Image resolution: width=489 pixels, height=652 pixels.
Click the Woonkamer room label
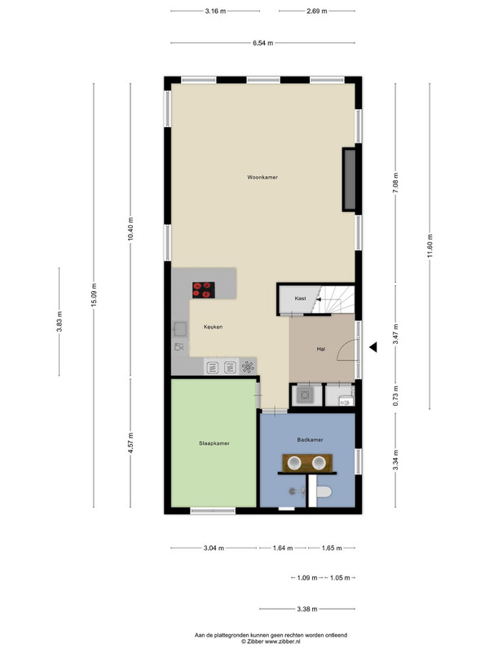(262, 177)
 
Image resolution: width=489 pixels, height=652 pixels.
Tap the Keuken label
(213, 327)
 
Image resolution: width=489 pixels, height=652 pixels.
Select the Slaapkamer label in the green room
(214, 443)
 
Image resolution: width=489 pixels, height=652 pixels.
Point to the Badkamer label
(311, 439)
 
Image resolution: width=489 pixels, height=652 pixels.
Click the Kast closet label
(300, 298)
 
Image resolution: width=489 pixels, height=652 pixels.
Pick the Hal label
(321, 350)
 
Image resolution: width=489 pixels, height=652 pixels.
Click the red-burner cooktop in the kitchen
(204, 290)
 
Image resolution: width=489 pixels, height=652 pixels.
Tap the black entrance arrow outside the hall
(373, 347)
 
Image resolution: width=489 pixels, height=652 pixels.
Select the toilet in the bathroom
(324, 492)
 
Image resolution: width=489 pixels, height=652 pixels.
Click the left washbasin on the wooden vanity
(294, 462)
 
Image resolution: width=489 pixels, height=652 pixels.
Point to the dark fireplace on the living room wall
(350, 179)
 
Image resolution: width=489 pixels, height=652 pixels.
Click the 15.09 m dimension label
(94, 295)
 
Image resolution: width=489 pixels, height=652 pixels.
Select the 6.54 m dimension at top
(262, 43)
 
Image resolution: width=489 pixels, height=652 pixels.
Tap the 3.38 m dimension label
(307, 609)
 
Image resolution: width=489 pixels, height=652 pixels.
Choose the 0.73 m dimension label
(396, 396)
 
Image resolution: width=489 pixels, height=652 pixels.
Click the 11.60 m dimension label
(430, 246)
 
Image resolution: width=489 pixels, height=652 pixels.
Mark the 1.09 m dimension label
(307, 578)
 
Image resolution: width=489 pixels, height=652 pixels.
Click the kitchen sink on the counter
(180, 329)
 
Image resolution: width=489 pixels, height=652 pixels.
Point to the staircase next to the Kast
(333, 299)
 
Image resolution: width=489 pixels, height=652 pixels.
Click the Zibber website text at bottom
(271, 641)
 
